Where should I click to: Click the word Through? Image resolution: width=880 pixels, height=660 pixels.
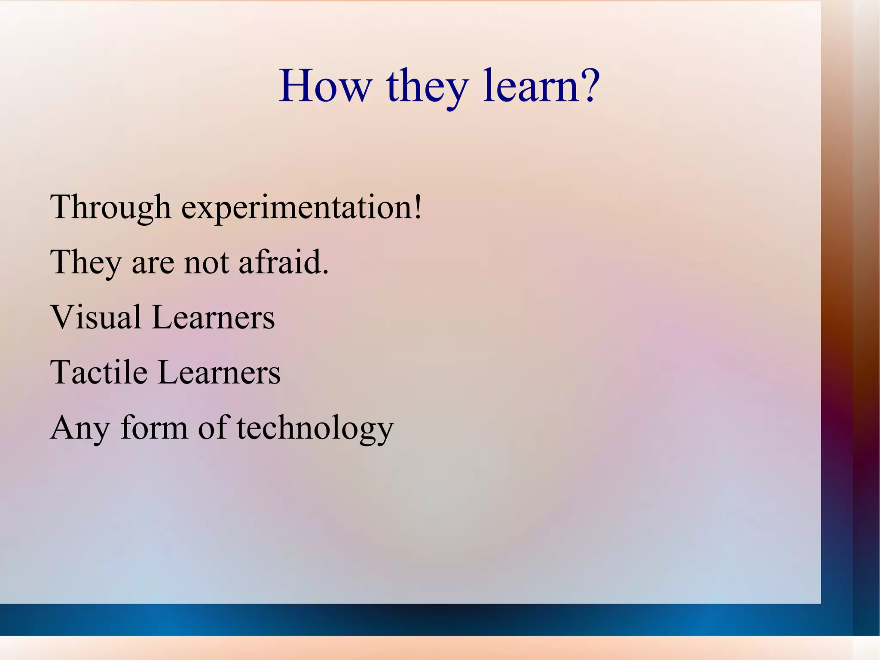(x=111, y=207)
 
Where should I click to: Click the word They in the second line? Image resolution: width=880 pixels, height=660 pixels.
(x=86, y=262)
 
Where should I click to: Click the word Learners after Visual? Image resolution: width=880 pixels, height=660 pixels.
(x=214, y=317)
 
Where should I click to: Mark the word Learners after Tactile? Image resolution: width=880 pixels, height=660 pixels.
(x=219, y=372)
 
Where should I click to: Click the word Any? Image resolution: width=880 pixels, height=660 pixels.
(x=80, y=429)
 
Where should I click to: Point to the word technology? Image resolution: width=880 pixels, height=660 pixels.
(x=315, y=429)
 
